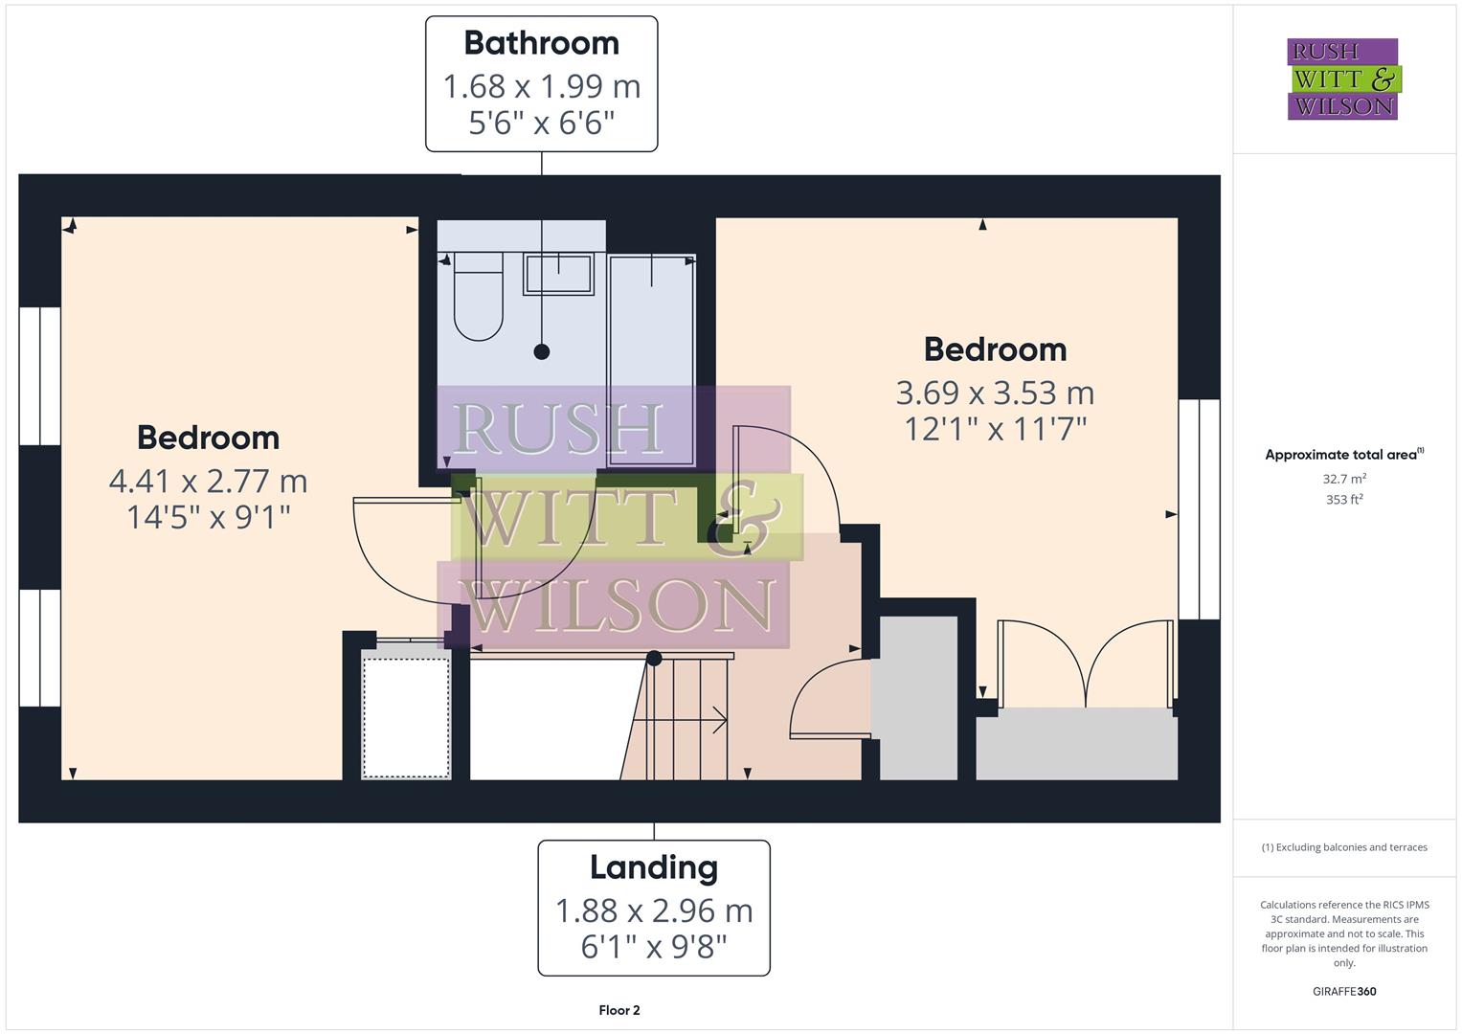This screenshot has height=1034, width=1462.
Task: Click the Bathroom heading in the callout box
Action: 541,43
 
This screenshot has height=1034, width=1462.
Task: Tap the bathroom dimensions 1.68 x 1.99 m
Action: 541,86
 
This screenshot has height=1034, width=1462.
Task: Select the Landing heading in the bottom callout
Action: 654,867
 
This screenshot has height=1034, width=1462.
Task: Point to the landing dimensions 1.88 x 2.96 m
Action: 654,910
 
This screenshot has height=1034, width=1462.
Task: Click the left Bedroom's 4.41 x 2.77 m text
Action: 208,481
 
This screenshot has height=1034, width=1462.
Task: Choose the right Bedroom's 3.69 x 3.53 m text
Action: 995,393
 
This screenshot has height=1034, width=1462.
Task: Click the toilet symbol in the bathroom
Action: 478,297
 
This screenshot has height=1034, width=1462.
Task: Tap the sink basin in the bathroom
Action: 558,274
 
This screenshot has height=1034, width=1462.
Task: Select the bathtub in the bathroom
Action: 651,359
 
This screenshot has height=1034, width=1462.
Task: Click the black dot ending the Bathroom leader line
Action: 542,351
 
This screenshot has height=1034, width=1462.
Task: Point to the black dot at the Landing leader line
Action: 654,659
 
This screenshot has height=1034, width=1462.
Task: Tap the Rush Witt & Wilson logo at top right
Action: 1342,79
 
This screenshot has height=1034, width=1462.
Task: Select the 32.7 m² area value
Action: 1344,479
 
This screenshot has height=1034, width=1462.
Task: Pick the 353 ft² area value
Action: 1344,500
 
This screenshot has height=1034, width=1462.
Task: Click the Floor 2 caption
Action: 619,1010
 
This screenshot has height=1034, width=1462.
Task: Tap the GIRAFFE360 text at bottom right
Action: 1344,992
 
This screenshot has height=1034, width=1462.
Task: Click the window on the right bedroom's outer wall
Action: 1199,509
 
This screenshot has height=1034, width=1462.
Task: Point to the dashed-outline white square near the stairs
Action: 406,717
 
